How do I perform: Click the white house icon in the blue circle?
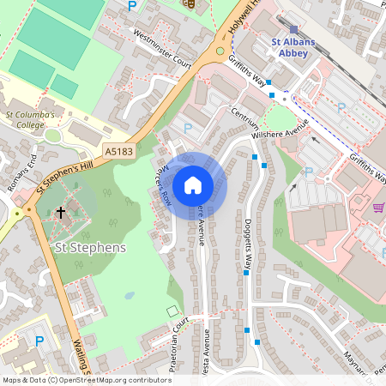[x=193, y=184]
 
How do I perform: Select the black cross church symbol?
[x=60, y=211]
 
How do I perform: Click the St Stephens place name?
[x=90, y=248]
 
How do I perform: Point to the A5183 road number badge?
[x=120, y=151]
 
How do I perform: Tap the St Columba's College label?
[x=30, y=118]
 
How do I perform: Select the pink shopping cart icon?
[x=378, y=208]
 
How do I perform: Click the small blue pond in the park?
[x=129, y=295]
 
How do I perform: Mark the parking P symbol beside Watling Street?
[x=39, y=341]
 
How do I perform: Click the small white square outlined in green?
[x=172, y=310]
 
